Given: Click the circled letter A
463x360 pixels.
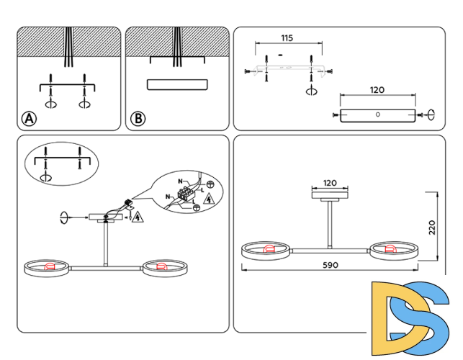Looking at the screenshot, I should coord(30,119).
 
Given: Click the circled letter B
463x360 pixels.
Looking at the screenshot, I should coord(138,119).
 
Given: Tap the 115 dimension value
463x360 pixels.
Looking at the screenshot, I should coord(287,37).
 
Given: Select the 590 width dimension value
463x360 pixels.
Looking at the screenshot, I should coord(330,265).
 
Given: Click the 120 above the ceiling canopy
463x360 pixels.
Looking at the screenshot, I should coord(330,184).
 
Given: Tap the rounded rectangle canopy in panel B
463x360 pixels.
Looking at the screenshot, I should coord(177,84).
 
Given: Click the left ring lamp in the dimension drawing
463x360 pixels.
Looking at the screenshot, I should coord(266,251).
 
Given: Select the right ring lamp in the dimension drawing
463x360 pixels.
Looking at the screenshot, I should coord(393,251).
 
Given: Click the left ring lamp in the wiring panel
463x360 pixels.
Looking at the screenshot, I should coord(48,267).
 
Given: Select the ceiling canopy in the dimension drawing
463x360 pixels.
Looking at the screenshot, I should coord(330,194).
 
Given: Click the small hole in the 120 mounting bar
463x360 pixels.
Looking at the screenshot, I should coord(377,114).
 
